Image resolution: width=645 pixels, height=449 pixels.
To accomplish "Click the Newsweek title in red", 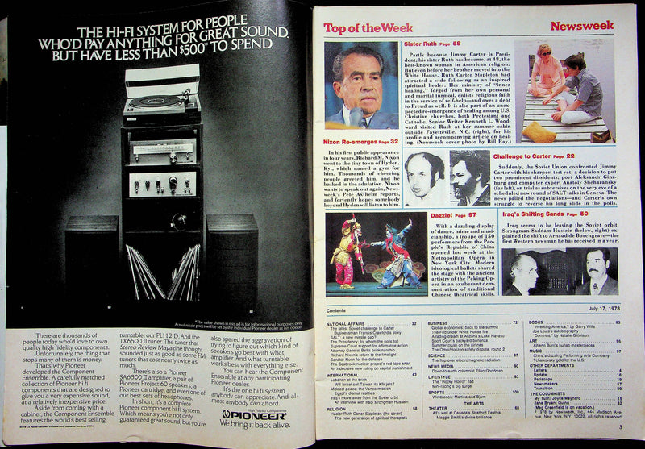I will (583, 26).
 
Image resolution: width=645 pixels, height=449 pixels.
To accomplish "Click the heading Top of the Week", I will (358, 27).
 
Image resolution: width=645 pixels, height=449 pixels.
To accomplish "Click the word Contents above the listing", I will (336, 310).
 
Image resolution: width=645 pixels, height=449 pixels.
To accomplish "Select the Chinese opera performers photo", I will (362, 258).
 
